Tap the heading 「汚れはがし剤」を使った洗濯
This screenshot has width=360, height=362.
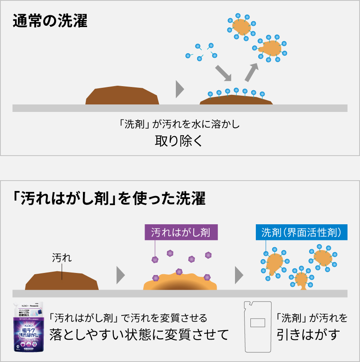point(109,198)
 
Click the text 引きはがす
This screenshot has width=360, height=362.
point(307,334)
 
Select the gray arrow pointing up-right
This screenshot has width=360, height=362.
point(251,72)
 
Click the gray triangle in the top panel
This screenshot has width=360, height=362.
point(180,89)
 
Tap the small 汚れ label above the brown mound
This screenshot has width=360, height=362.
point(62,258)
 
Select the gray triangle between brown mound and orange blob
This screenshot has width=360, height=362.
point(120,275)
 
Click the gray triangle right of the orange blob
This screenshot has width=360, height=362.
point(239,275)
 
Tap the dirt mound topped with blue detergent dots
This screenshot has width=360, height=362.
point(236,100)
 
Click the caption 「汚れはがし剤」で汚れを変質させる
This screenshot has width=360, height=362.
point(128,318)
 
